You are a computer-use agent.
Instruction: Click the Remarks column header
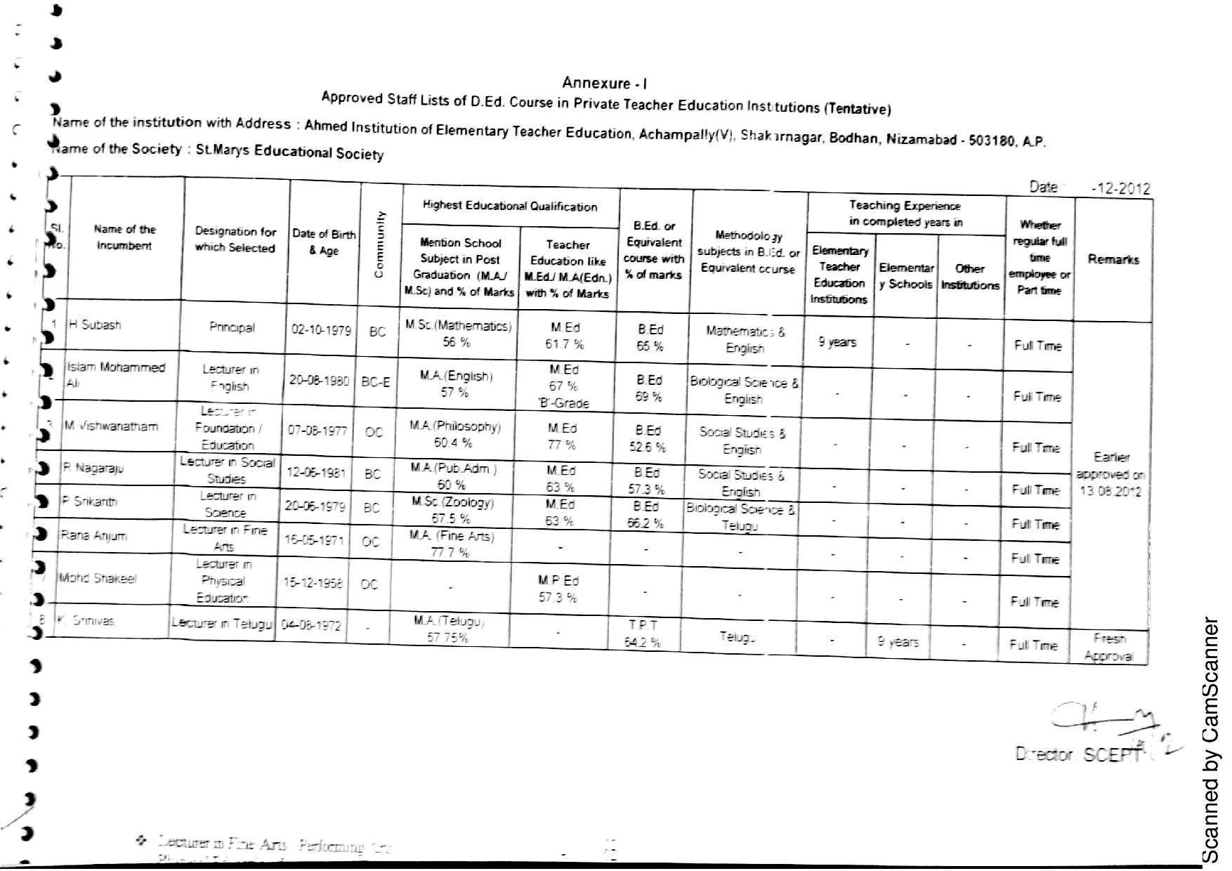(x=1113, y=259)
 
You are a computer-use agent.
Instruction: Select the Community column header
(x=380, y=244)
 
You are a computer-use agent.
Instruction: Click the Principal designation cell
(x=232, y=327)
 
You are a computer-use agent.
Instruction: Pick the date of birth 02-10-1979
(x=321, y=329)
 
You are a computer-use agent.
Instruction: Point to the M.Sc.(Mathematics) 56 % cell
(x=458, y=334)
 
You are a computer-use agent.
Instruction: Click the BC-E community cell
(x=376, y=382)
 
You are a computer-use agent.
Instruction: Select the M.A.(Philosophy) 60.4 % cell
(x=454, y=434)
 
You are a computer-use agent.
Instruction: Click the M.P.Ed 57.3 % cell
(x=558, y=589)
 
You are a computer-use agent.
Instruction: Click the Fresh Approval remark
(x=1109, y=647)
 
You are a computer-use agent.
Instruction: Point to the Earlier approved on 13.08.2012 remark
(x=1110, y=474)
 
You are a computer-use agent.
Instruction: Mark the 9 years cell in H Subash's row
(x=837, y=342)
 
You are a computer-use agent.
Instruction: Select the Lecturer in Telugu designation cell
(x=222, y=622)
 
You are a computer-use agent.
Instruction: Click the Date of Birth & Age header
(x=324, y=242)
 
